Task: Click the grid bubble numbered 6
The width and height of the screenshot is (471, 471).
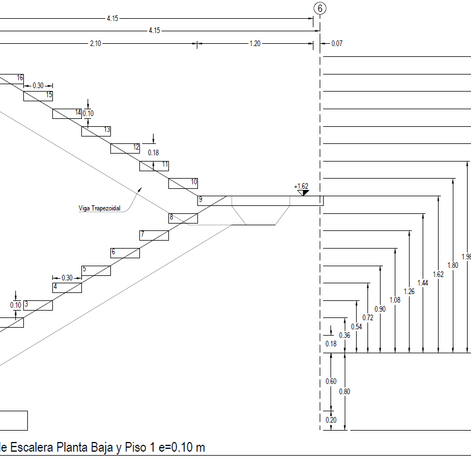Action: click(320, 8)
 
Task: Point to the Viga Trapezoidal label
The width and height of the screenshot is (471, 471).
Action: click(100, 208)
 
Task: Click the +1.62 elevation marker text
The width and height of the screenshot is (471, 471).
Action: click(301, 186)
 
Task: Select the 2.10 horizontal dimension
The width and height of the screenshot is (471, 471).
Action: click(96, 43)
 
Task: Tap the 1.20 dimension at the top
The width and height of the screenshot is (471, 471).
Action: click(255, 43)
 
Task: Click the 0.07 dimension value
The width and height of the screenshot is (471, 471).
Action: click(337, 43)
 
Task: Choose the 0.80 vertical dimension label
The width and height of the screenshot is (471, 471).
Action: click(345, 391)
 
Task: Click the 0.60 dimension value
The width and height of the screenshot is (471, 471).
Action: click(331, 382)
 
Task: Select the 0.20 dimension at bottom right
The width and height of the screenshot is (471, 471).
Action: click(330, 420)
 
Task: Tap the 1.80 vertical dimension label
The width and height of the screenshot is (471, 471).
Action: click(453, 266)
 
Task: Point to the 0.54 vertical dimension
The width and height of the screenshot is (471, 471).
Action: click(357, 327)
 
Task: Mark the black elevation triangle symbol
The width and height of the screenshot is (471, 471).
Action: click(305, 193)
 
